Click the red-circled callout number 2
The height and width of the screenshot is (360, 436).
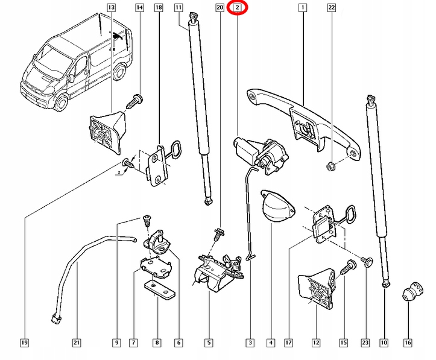[238, 8]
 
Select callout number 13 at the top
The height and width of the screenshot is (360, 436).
[110, 8]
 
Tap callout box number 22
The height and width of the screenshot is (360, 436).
[331, 8]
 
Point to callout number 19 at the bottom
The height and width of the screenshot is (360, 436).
[24, 343]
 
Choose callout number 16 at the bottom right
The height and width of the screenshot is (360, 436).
[408, 343]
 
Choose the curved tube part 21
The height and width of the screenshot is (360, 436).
[78, 265]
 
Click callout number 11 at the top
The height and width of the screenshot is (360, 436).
[179, 8]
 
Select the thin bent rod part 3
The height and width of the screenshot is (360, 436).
[249, 211]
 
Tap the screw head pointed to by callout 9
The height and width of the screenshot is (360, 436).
[146, 219]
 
